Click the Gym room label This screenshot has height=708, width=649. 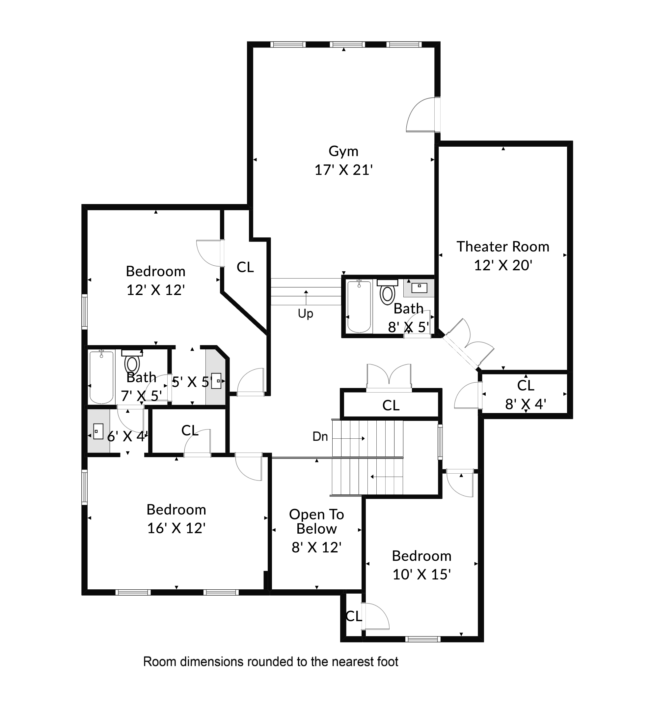point(343,152)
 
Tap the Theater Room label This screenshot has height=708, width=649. point(503,247)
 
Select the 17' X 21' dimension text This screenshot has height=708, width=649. point(343,170)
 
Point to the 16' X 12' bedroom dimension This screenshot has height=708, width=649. point(176,528)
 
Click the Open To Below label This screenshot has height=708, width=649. point(316,521)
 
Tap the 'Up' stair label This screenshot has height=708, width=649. point(305,313)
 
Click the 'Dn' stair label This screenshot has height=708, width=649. point(320,437)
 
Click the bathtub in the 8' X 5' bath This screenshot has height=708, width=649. point(359,306)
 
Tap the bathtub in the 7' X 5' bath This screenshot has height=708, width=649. point(101,377)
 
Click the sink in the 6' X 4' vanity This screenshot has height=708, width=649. point(98,431)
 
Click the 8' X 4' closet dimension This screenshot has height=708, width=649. point(526,405)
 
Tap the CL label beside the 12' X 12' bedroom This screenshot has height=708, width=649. point(245,267)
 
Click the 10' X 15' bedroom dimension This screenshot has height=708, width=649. point(421,575)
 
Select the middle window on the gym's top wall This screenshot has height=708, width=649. point(347,44)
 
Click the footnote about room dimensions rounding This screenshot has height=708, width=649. point(271,662)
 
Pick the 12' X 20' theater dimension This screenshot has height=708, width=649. point(503,265)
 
